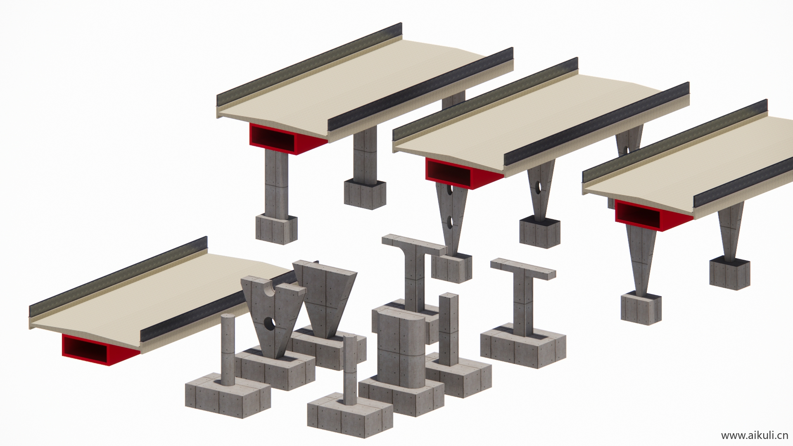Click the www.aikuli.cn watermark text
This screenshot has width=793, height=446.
point(755,435)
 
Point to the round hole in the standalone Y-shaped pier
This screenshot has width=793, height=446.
point(270,324)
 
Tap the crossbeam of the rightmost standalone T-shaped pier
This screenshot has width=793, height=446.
point(523,269)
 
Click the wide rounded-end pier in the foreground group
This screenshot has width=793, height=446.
point(401,347)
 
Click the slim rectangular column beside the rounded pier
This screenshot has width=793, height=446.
point(449,329)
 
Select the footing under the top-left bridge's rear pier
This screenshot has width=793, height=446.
point(365,194)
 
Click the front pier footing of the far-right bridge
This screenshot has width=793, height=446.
point(641,308)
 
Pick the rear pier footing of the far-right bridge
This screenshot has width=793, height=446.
point(730,273)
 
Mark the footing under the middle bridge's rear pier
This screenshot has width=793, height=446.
point(540,232)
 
